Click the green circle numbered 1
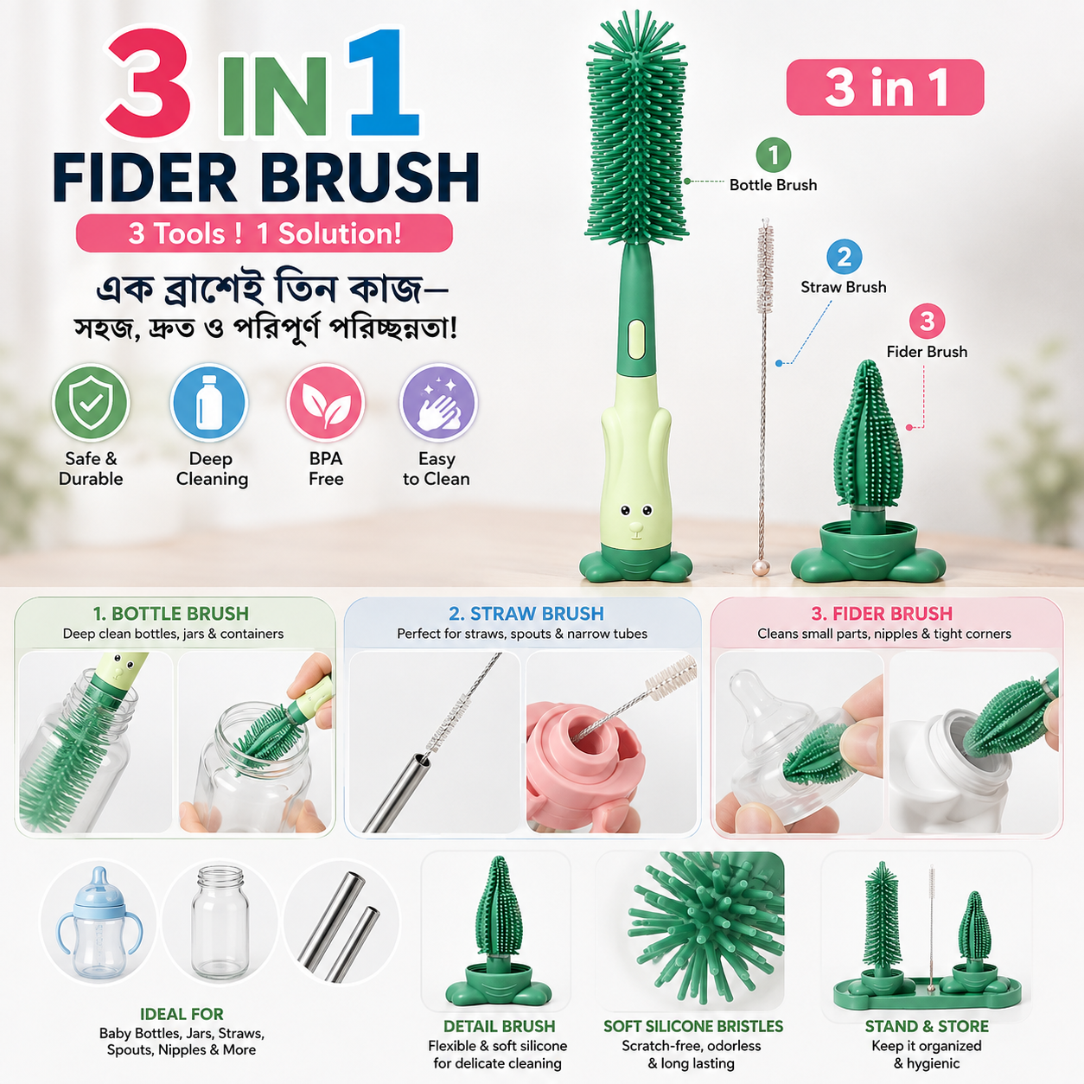773,155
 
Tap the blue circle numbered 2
844,257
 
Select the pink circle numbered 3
927,322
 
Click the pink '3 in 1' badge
885,87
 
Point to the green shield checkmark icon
91,402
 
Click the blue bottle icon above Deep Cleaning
208,402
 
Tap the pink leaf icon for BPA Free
326,402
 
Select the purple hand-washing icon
438,402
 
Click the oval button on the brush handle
636,339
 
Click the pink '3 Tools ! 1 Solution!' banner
265,233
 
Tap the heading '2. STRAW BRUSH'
526,613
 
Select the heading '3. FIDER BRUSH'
882,613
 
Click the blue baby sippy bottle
99,925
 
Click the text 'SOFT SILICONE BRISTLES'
693,1026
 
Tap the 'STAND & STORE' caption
927,1026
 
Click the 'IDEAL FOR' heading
182,1014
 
